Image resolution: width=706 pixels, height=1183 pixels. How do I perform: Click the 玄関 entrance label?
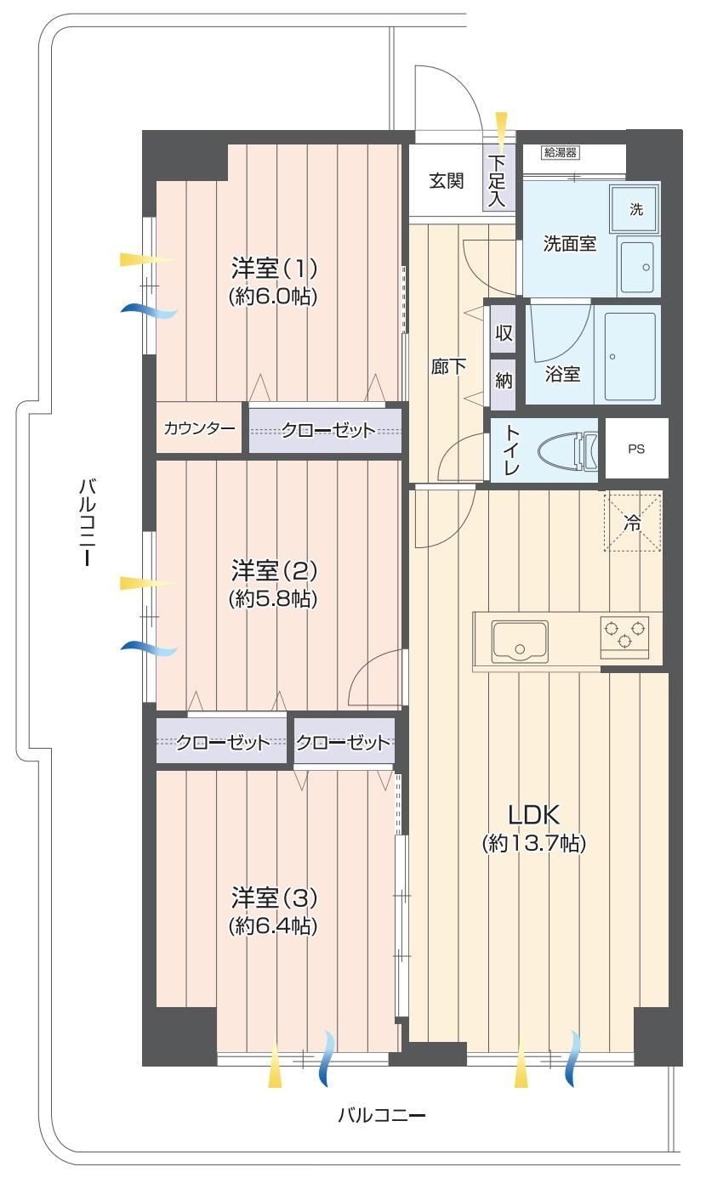click(x=446, y=181)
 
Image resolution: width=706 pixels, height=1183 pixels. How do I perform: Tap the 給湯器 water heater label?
click(x=561, y=153)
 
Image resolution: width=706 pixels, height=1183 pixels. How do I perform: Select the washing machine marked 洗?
click(x=635, y=208)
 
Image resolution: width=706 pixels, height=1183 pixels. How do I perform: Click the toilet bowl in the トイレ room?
click(x=568, y=451)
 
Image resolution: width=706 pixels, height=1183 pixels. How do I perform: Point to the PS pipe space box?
click(x=636, y=449)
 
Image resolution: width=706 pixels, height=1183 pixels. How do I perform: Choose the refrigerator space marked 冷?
click(x=633, y=523)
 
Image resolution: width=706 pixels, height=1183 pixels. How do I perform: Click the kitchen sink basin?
click(x=520, y=641)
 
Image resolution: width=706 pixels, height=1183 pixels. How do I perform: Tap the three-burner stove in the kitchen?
click(x=624, y=637)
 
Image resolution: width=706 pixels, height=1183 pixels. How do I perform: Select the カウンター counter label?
click(x=199, y=427)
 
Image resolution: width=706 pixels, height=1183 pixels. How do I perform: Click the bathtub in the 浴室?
click(x=630, y=356)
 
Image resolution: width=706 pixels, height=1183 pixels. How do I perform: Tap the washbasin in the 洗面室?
click(x=637, y=267)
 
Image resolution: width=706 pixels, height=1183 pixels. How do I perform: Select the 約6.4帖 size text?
click(x=273, y=925)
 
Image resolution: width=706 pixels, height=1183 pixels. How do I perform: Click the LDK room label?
click(x=533, y=815)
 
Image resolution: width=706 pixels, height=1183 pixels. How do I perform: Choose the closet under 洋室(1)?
click(x=325, y=430)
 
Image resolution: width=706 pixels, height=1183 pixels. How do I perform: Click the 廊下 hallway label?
click(x=448, y=366)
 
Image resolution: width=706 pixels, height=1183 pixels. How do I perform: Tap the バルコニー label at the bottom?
click(x=382, y=1115)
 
